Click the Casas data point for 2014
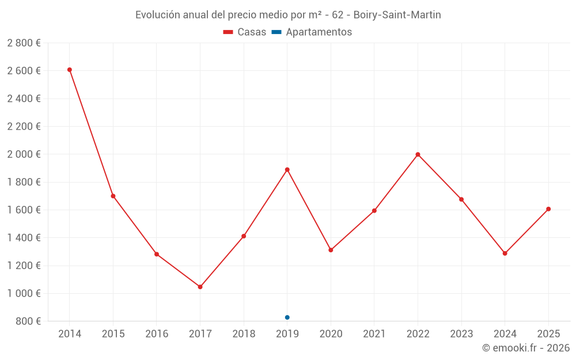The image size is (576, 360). (70, 70)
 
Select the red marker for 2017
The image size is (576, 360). (200, 287)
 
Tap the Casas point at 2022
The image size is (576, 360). (418, 154)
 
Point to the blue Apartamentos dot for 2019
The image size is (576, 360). (287, 317)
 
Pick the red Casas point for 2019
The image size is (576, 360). (287, 169)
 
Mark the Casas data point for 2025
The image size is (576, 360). (548, 209)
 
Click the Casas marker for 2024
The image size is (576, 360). (505, 253)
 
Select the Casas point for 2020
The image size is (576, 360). (331, 250)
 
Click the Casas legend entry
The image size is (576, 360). (245, 32)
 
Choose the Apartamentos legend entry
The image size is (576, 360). (312, 32)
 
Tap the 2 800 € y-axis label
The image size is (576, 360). (24, 43)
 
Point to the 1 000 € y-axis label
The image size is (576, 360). (24, 293)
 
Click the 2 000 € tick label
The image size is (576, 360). (24, 154)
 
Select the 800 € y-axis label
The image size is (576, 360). (27, 321)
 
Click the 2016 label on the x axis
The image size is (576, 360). (157, 334)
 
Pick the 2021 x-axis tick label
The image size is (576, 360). (374, 334)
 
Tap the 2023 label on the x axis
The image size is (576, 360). (461, 334)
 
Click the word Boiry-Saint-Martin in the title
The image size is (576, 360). (397, 15)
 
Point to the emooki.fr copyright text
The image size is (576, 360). (525, 348)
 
